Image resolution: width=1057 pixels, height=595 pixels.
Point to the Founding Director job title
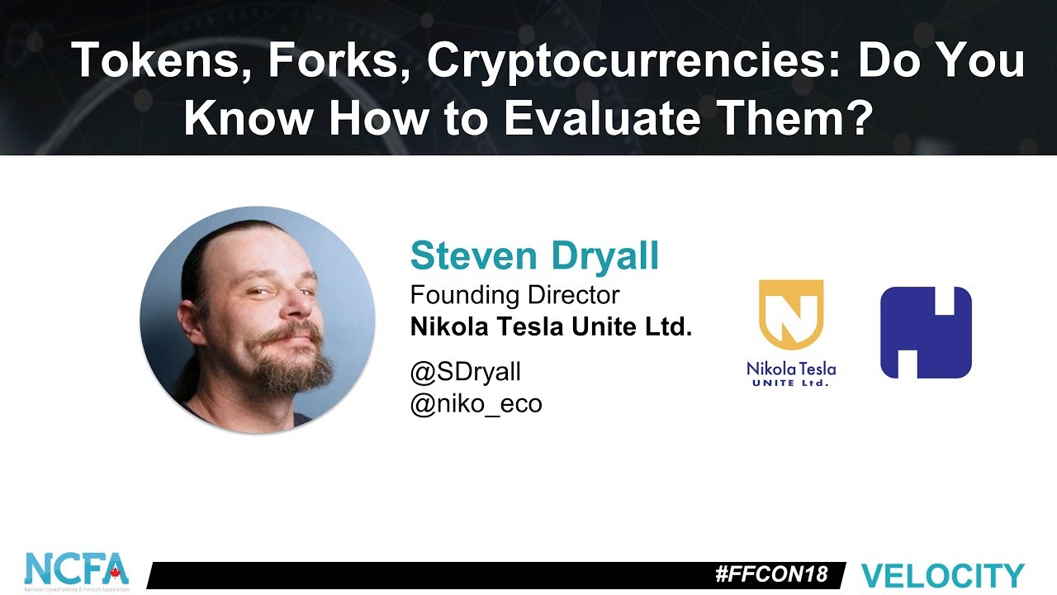tap(514, 294)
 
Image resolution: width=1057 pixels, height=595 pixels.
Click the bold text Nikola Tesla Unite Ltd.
tap(551, 327)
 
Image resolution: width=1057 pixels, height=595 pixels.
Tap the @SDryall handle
tap(466, 372)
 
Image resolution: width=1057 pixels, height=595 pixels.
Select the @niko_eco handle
tap(476, 404)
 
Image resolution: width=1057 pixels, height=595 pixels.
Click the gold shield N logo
tap(791, 314)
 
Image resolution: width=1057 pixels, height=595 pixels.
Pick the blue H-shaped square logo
tap(926, 332)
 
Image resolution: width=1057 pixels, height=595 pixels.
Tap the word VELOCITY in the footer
tap(942, 575)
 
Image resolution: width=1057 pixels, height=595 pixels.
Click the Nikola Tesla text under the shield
tap(791, 368)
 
